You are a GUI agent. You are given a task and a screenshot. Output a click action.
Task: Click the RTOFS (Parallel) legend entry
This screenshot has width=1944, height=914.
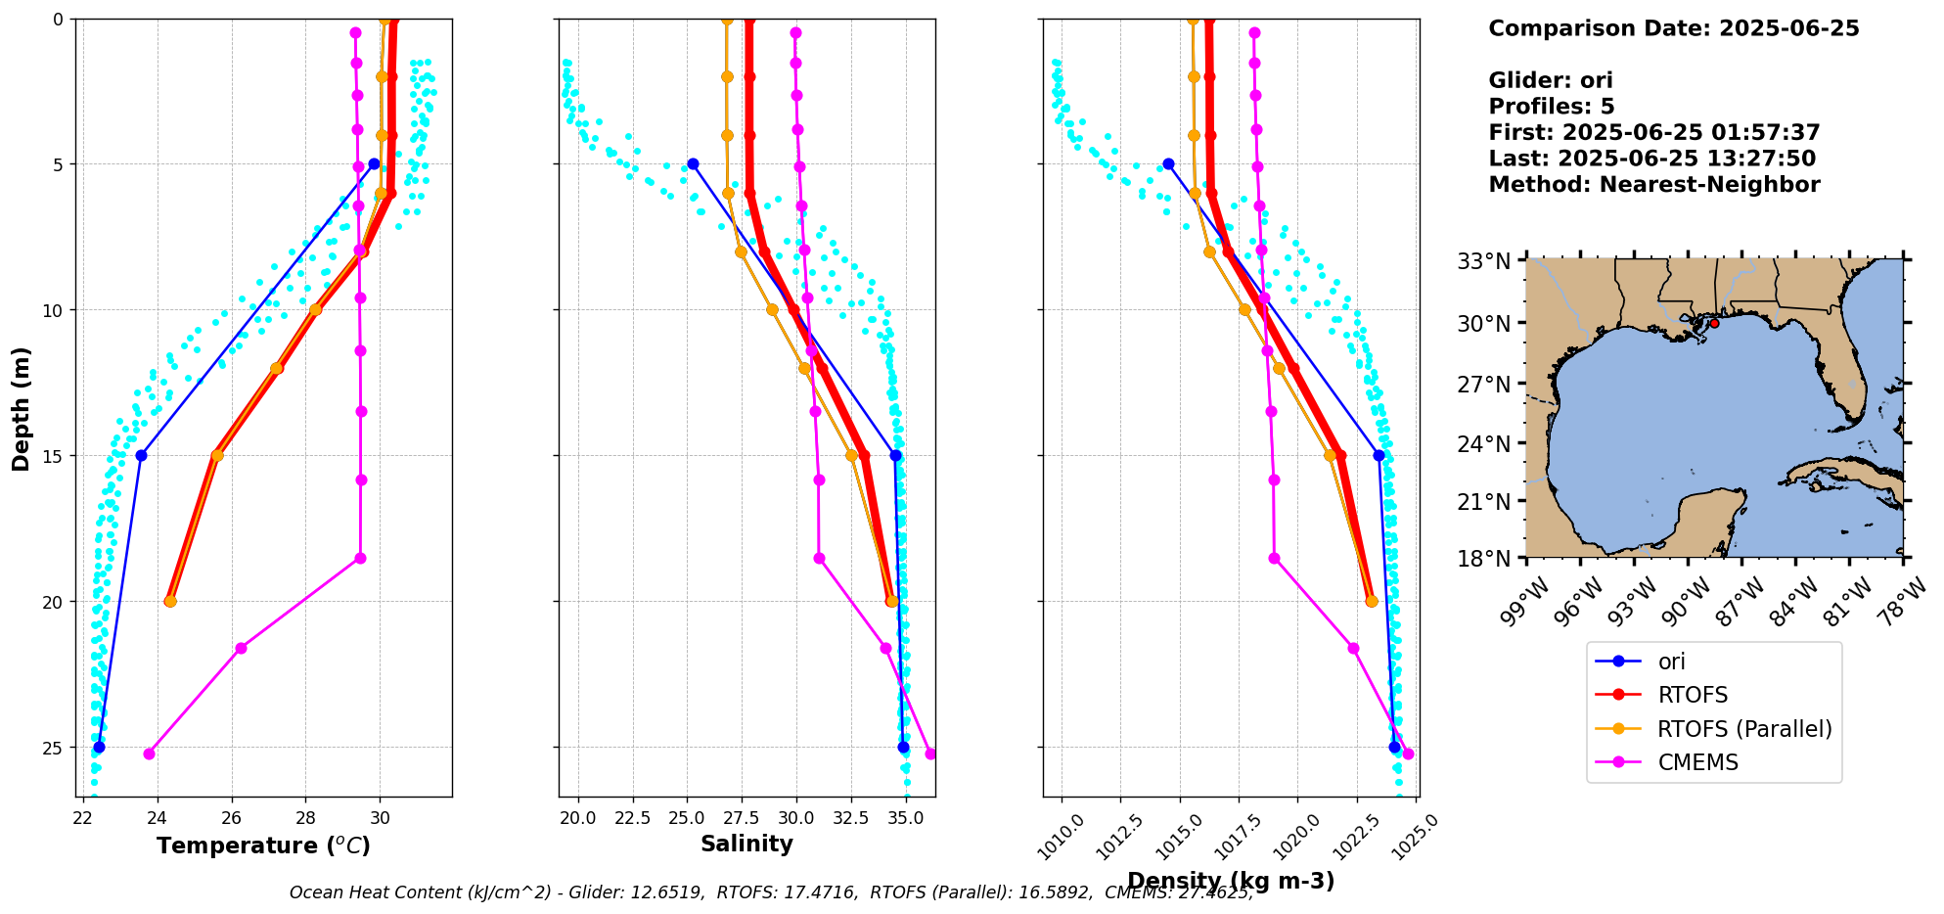(x=1743, y=729)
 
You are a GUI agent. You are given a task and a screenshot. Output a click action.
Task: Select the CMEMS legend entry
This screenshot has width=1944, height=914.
(x=1697, y=762)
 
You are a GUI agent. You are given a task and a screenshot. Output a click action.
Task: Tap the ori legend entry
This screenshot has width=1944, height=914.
(x=1671, y=662)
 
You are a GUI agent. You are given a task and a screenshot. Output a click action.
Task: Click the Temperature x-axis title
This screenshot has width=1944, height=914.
(x=263, y=845)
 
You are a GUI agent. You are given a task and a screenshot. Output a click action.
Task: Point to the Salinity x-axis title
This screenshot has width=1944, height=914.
(x=746, y=844)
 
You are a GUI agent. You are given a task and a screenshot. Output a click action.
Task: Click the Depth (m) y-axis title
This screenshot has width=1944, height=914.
(x=22, y=409)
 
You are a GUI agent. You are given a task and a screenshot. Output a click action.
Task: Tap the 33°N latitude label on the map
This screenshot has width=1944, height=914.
(x=1484, y=261)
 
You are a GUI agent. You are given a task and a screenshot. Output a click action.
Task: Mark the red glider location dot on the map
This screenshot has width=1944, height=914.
(x=1714, y=323)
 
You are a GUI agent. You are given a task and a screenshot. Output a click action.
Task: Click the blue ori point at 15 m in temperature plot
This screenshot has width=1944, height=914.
(x=141, y=455)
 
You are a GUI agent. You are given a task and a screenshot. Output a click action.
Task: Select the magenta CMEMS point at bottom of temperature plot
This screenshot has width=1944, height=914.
(x=149, y=754)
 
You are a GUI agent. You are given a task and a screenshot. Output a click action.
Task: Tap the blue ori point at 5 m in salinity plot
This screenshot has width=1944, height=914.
(x=693, y=163)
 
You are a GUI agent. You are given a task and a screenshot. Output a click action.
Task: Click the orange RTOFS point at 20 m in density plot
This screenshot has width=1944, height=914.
(x=1371, y=601)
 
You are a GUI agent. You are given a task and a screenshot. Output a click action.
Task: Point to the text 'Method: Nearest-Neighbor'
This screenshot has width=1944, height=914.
(x=1653, y=184)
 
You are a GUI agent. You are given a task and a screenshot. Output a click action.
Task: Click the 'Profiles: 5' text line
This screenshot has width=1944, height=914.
(x=1551, y=107)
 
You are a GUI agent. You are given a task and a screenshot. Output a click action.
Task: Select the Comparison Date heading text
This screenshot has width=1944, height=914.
(x=1673, y=28)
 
